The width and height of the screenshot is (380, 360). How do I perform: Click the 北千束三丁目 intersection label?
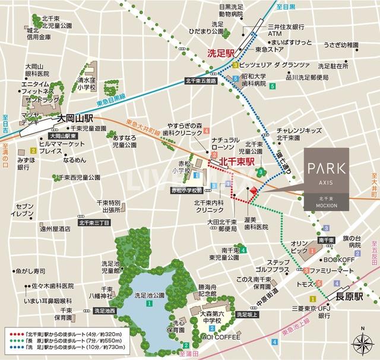(x=93, y=223)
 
